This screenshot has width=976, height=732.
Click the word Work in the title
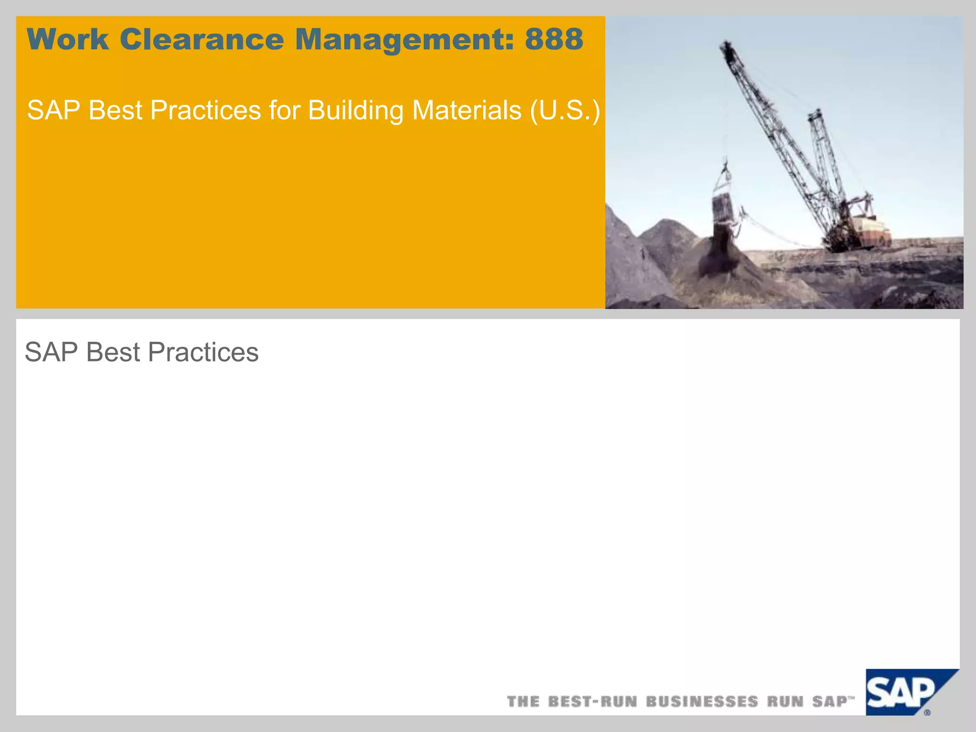pos(68,39)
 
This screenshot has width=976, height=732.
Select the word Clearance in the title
pos(202,39)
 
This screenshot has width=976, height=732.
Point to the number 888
pos(554,39)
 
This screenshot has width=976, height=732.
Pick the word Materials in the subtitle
pos(467,111)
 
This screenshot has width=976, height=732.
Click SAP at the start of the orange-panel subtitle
pos(53,111)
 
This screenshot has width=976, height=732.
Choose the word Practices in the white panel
pos(203,353)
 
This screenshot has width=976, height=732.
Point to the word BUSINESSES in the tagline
pos(702,701)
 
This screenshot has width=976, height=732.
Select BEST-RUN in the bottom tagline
pos(592,701)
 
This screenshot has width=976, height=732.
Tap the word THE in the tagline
pos(523,701)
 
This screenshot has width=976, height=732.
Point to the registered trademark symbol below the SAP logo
pos(927,713)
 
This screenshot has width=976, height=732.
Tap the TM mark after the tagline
pos(851,698)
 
